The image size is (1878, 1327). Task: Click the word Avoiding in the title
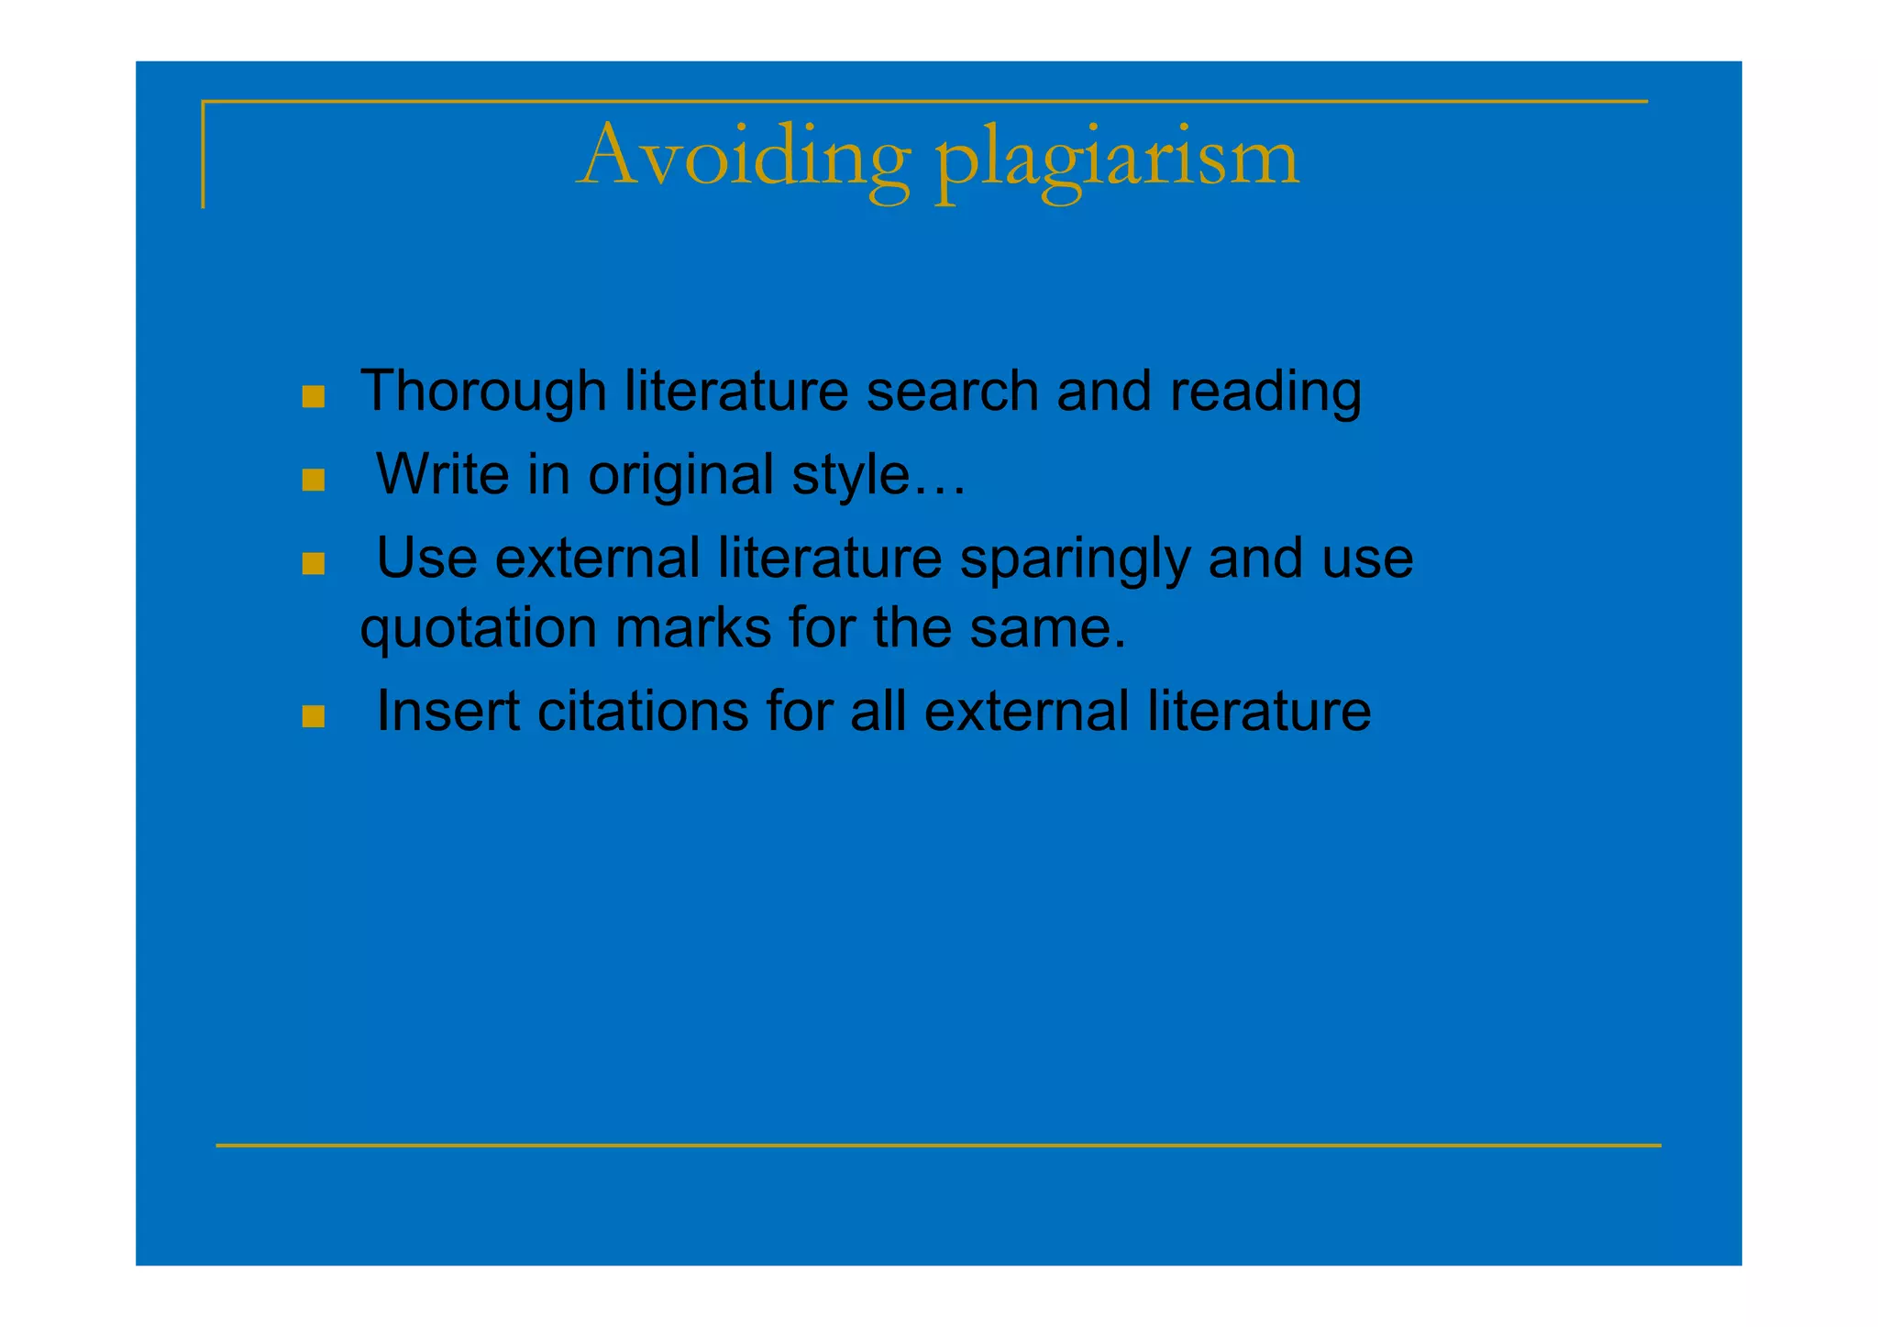[x=745, y=158]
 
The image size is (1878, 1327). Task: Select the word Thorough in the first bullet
[x=483, y=392]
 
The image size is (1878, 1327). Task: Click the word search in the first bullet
[x=952, y=392]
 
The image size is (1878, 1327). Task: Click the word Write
[x=442, y=475]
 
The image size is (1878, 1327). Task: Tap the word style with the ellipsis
[x=878, y=476]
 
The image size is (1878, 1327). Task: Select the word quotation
[x=478, y=630]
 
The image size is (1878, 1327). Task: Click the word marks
[x=692, y=629]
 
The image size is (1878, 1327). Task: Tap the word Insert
[x=447, y=711]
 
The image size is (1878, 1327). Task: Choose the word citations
[x=643, y=711]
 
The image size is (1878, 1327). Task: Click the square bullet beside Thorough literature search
[x=314, y=397]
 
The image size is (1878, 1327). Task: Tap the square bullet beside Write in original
[x=314, y=481]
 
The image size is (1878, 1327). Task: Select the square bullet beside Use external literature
[x=314, y=563]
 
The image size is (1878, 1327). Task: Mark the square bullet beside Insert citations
[x=314, y=716]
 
